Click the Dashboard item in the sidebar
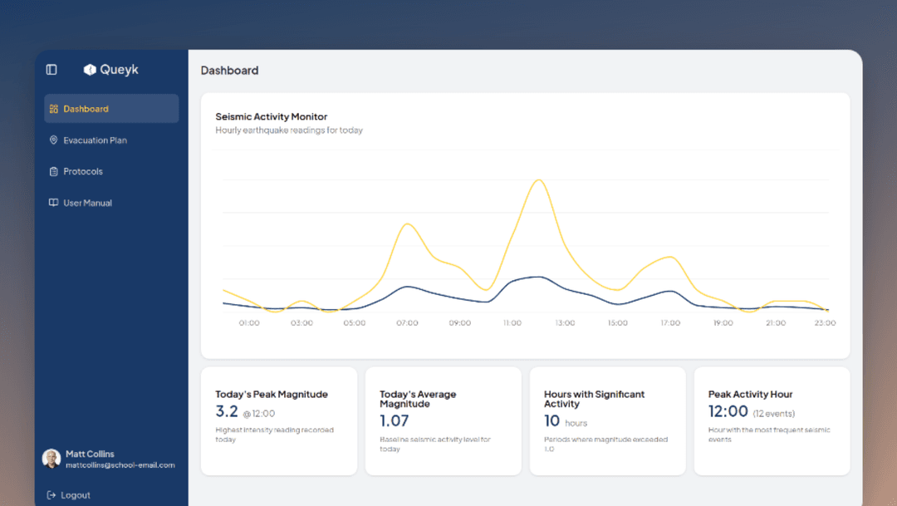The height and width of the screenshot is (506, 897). pyautogui.click(x=86, y=109)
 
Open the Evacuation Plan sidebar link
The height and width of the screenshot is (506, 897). pyautogui.click(x=95, y=140)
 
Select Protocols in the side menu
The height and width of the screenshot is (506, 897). pyautogui.click(x=83, y=171)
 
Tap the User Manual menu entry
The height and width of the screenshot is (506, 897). pyautogui.click(x=87, y=203)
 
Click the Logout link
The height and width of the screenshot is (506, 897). pyautogui.click(x=75, y=495)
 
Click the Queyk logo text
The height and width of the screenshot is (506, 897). pyautogui.click(x=119, y=70)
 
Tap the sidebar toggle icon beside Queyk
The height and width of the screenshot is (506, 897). pyautogui.click(x=51, y=70)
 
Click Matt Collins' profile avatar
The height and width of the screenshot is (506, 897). pyautogui.click(x=51, y=459)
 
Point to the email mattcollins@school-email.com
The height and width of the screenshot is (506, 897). pyautogui.click(x=120, y=465)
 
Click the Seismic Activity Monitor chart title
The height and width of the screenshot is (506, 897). pyautogui.click(x=271, y=117)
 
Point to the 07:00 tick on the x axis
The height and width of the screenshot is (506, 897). pyautogui.click(x=407, y=322)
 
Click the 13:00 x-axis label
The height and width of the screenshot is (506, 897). pyautogui.click(x=565, y=322)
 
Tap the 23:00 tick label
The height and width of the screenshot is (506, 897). pyautogui.click(x=825, y=322)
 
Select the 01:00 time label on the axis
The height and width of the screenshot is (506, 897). pyautogui.click(x=249, y=322)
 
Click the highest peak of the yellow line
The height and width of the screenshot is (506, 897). pyautogui.click(x=538, y=179)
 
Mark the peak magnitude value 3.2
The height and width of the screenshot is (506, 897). pyautogui.click(x=227, y=411)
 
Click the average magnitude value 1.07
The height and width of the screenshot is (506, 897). pyautogui.click(x=394, y=421)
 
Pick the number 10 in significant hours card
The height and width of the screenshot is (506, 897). pyautogui.click(x=551, y=421)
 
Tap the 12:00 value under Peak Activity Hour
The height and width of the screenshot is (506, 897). pyautogui.click(x=728, y=411)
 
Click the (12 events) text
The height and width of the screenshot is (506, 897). pyautogui.click(x=774, y=413)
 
